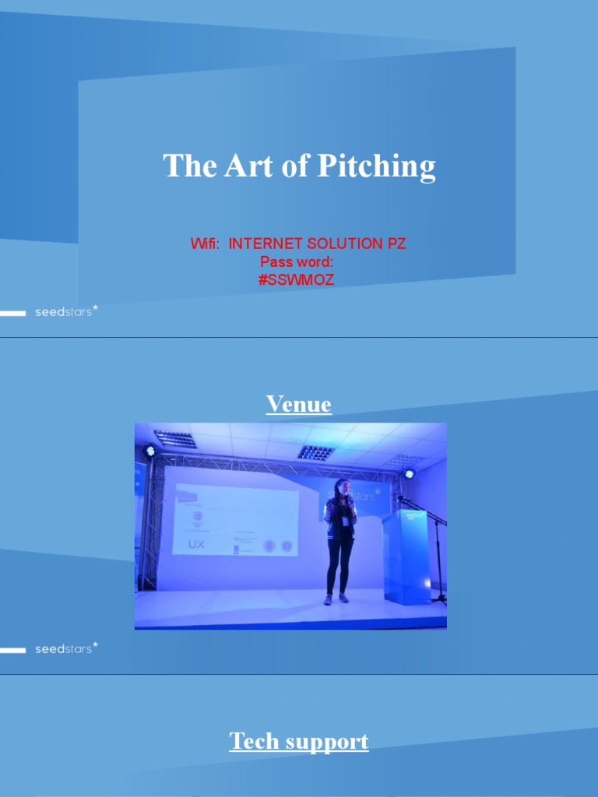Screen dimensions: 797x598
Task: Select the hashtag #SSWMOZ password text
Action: click(297, 280)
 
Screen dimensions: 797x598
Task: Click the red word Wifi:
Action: click(206, 244)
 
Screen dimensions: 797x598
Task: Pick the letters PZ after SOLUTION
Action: click(396, 244)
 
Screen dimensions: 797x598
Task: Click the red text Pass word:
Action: click(297, 262)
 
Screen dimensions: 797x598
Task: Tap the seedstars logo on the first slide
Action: click(66, 312)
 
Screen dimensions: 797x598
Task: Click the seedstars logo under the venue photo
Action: click(66, 648)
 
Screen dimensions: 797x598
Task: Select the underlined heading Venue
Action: click(299, 404)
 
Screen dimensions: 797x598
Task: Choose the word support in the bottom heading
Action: click(329, 743)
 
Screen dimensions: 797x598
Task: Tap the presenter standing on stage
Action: click(339, 537)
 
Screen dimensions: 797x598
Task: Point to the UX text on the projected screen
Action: click(196, 545)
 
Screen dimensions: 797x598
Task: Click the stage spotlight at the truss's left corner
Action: click(149, 451)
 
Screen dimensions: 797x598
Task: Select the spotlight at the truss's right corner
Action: click(410, 473)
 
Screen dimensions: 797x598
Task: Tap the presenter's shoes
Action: click(336, 599)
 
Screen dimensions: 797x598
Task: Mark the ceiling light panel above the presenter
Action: click(315, 452)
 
